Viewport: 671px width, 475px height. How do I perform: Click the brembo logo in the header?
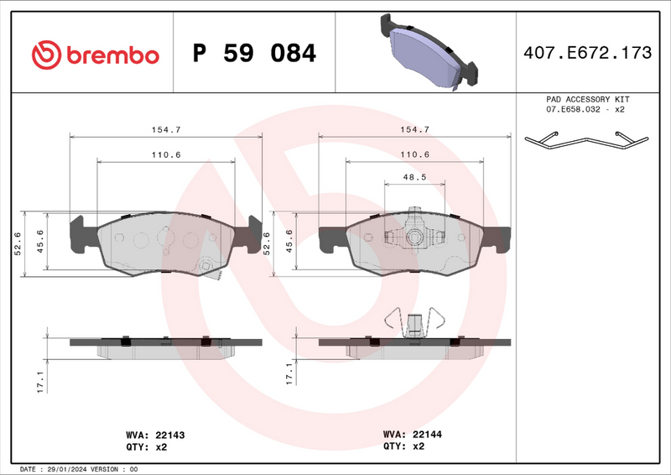[95, 55]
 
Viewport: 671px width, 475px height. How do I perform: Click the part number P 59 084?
[254, 54]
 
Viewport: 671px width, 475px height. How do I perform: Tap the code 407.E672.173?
[586, 54]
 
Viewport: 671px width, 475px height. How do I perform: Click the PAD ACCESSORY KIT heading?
[586, 99]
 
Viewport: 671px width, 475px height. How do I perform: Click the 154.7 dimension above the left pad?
[165, 129]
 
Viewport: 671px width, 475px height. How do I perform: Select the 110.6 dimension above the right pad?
[414, 154]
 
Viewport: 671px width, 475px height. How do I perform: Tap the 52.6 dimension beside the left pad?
[17, 243]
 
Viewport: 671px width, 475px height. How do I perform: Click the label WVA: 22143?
[154, 435]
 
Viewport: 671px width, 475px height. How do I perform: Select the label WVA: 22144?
[413, 435]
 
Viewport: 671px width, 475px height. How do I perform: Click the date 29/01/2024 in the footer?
[68, 469]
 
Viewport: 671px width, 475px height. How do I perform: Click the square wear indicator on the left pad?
[205, 268]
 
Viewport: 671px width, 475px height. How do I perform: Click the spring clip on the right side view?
[414, 322]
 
